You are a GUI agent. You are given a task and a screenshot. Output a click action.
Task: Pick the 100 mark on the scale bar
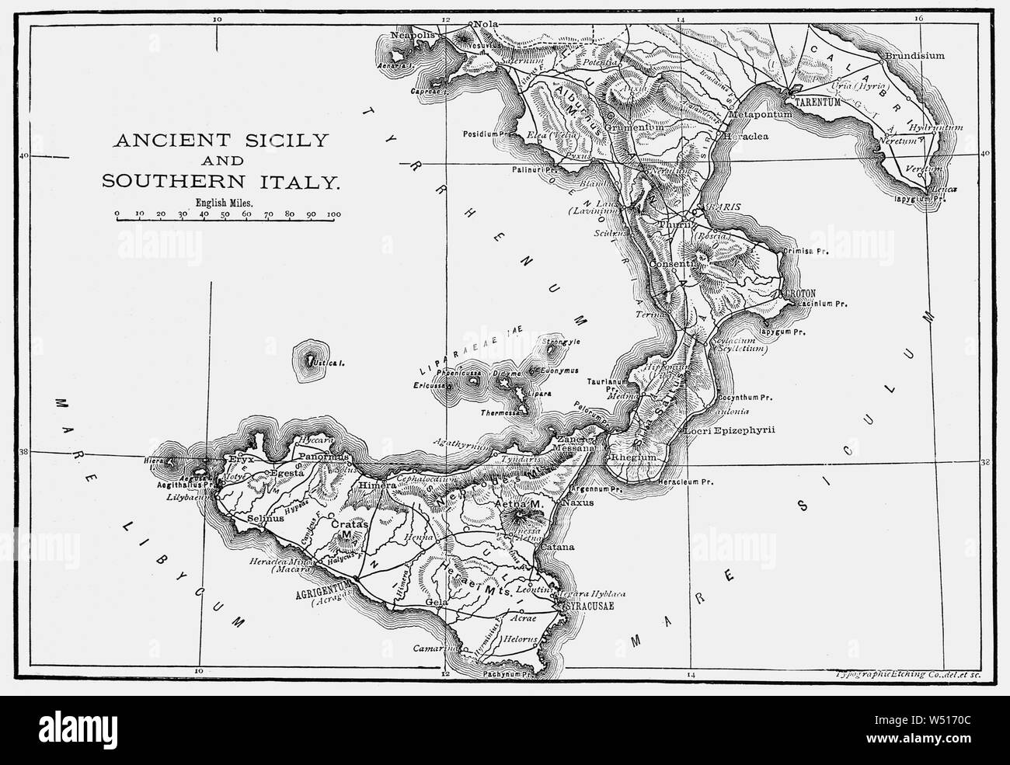click(335, 212)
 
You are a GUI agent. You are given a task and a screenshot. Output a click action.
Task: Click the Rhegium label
click(635, 459)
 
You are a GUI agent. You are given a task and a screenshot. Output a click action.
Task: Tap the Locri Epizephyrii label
click(730, 430)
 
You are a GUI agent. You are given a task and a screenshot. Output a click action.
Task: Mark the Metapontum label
click(761, 115)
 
